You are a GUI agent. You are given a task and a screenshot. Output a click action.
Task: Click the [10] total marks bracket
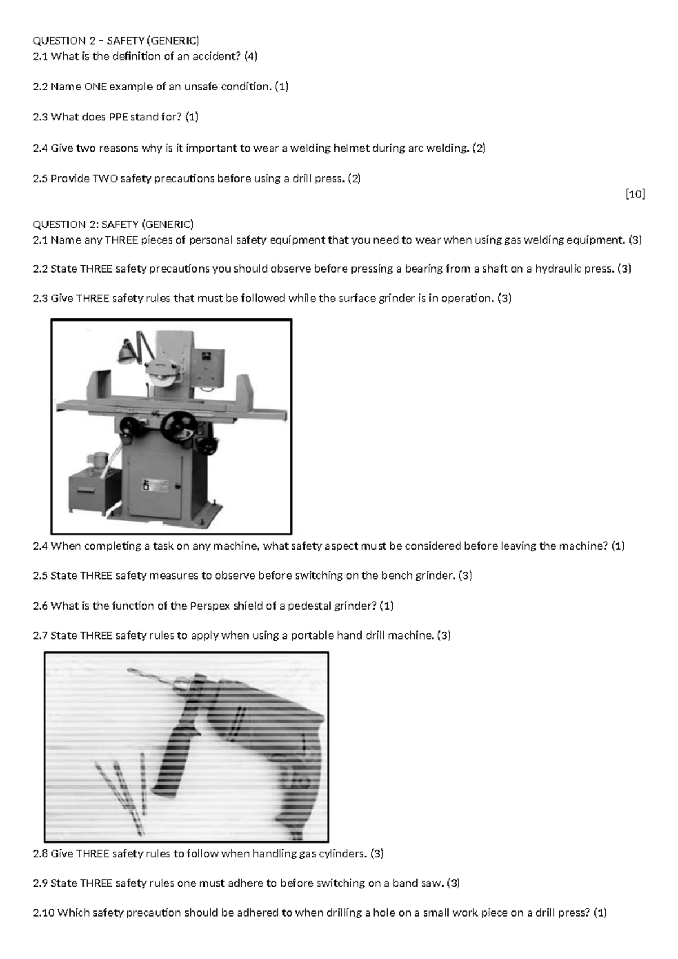pos(635,194)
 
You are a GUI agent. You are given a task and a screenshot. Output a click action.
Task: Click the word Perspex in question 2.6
pos(207,606)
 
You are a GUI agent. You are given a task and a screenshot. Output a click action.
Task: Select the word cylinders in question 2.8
pos(341,853)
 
